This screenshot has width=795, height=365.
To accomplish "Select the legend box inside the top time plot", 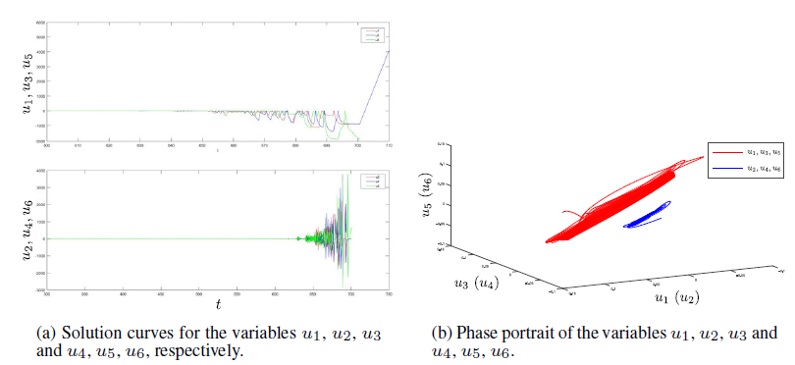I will point(374,36).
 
